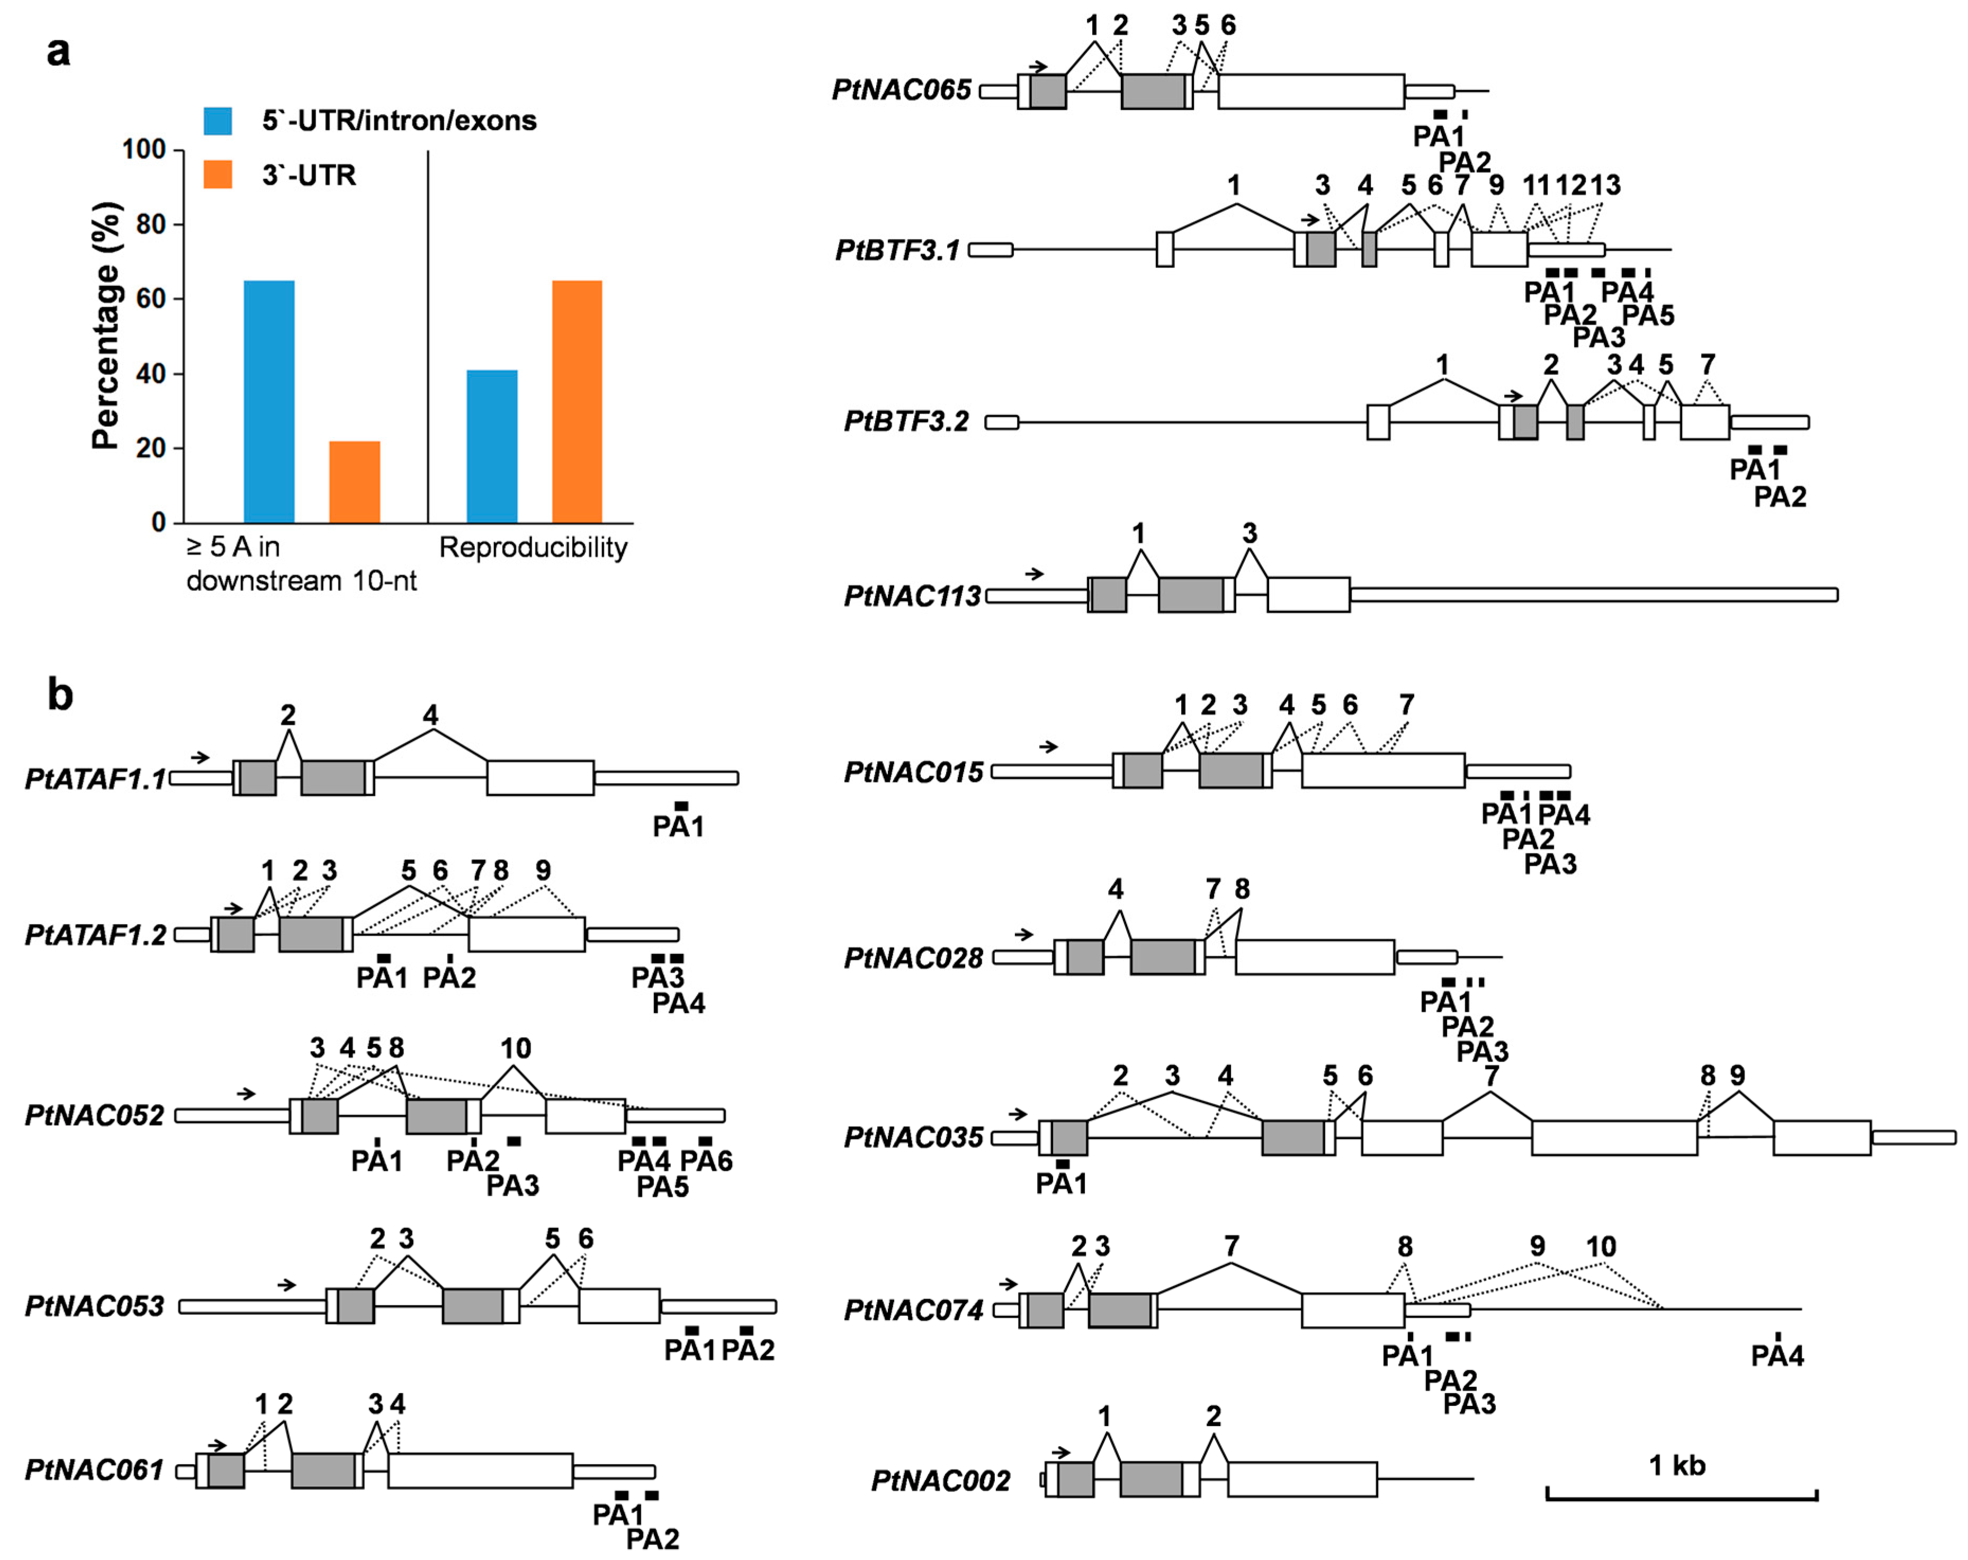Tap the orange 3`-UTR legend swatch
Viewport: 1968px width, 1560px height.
pyautogui.click(x=217, y=174)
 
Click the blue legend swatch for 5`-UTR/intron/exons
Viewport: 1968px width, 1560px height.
pyautogui.click(x=217, y=121)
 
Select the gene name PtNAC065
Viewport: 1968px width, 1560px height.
pyautogui.click(x=901, y=91)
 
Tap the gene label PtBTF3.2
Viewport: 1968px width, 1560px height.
pyautogui.click(x=906, y=422)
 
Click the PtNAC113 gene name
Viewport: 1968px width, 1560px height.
pyautogui.click(x=912, y=596)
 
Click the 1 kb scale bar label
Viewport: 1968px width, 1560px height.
pyautogui.click(x=1677, y=1465)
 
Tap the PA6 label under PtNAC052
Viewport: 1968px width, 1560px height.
pyautogui.click(x=706, y=1161)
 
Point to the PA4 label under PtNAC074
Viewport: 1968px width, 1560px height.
pyautogui.click(x=1777, y=1356)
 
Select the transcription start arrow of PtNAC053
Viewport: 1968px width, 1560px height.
pyautogui.click(x=287, y=1284)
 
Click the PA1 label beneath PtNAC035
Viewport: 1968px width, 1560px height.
pyautogui.click(x=1061, y=1184)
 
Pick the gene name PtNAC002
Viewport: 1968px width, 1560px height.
pyautogui.click(x=940, y=1481)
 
